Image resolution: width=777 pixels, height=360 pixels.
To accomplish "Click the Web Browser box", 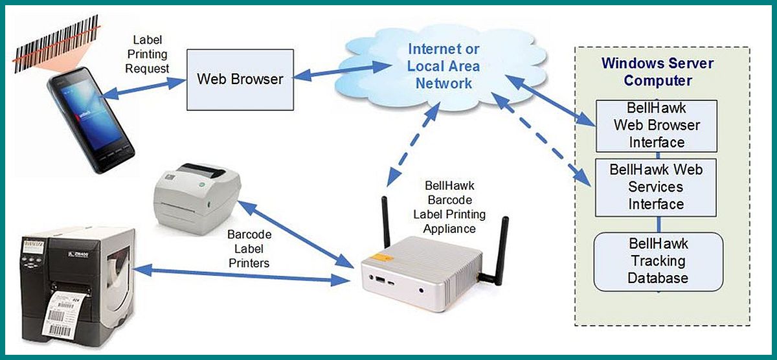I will [240, 79].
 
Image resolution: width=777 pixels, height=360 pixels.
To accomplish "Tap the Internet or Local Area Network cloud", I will [444, 66].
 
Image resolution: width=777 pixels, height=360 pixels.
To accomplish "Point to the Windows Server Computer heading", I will [657, 72].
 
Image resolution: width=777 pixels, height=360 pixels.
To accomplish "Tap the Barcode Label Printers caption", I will [249, 247].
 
